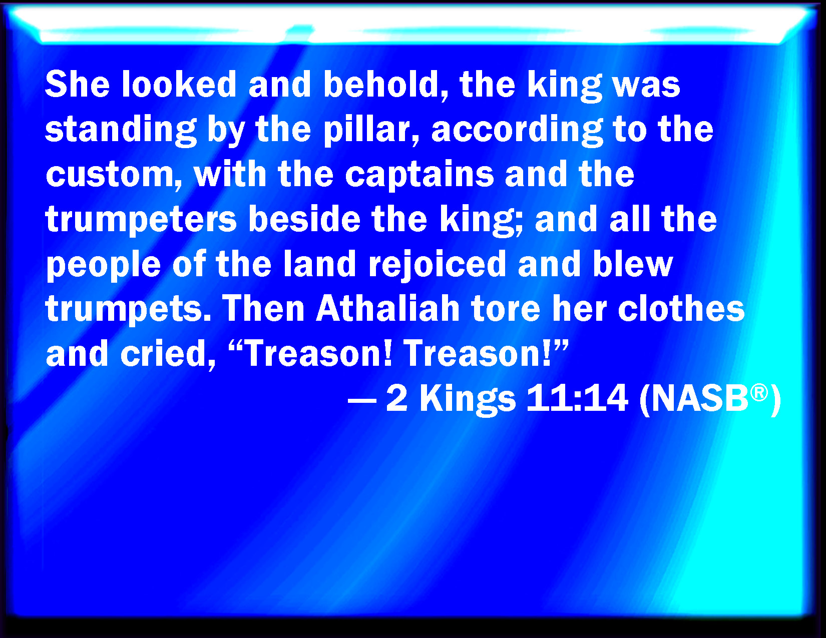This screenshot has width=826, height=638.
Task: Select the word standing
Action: coord(121,130)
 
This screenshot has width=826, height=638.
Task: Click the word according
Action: coord(517,130)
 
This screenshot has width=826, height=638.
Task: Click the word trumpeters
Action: coord(141,220)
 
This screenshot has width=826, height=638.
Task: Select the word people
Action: coord(104,265)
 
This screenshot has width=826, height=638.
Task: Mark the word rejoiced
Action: coord(438,265)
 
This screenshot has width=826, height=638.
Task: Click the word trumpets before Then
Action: coord(129,309)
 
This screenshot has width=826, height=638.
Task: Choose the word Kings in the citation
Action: coord(468,399)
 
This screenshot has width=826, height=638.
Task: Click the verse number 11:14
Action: coord(577,398)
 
